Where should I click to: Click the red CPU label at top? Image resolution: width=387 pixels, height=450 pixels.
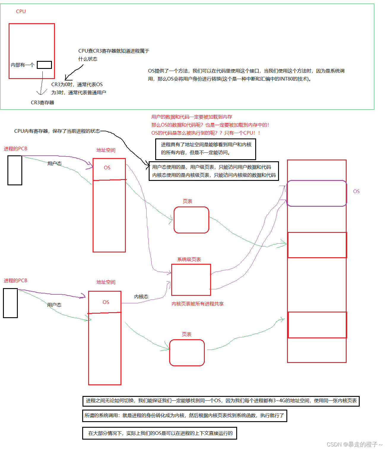point(21,11)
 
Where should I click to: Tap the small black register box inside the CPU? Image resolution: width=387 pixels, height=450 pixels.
point(44,65)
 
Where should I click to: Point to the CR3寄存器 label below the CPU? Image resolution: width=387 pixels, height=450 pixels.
point(42,102)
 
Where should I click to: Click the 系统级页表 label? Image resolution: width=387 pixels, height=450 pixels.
point(189,259)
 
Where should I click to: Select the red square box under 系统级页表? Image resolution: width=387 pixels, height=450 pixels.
point(191,280)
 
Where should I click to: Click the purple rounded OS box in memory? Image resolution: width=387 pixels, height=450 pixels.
point(317,193)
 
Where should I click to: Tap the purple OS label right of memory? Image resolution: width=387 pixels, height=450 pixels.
point(356,192)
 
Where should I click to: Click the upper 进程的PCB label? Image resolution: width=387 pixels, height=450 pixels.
point(15,149)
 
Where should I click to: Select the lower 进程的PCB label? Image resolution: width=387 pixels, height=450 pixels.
point(15,280)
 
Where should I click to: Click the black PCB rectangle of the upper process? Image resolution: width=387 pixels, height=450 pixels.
point(15,170)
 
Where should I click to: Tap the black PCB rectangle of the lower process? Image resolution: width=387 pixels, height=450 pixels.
point(10,303)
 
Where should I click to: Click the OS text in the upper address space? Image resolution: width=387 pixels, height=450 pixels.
point(107,168)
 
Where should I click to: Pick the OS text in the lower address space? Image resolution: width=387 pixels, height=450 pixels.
point(106,302)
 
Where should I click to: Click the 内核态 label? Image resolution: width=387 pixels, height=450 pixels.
point(141,296)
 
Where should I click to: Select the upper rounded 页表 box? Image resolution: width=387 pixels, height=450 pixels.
point(191,220)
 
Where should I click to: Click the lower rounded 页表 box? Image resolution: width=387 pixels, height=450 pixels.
point(187,353)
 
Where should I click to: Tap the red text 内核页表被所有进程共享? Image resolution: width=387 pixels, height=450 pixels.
point(198,304)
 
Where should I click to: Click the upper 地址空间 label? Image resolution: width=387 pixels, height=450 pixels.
point(106,150)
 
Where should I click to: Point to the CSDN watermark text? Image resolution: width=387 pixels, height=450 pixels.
point(354,444)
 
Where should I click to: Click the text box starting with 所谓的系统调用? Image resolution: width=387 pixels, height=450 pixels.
point(184,416)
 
